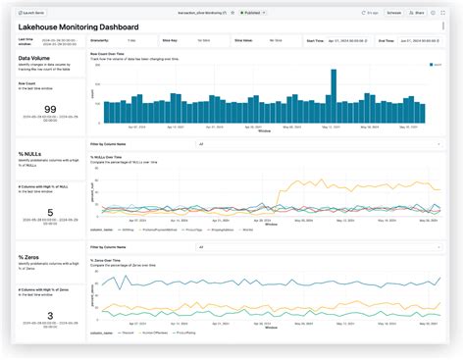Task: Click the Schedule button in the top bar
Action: click(393, 14)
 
